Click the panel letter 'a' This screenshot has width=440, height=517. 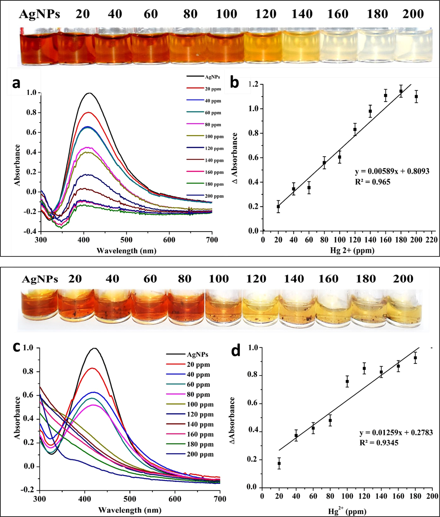tap(17, 83)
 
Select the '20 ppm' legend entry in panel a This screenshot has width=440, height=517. tap(213, 89)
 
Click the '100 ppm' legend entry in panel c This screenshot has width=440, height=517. tap(200, 404)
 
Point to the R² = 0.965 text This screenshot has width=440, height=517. tap(372, 182)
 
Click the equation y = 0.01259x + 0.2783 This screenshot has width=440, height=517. tap(396, 432)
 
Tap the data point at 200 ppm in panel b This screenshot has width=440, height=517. tap(416, 97)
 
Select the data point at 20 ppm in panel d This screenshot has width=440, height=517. tap(279, 463)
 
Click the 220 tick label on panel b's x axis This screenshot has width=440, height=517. tap(432, 240)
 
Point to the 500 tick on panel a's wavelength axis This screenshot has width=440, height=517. tap(126, 240)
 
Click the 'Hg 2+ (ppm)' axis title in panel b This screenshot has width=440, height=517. tap(352, 250)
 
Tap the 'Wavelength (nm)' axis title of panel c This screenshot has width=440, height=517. tap(130, 510)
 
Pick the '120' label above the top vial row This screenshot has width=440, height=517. tap(265, 14)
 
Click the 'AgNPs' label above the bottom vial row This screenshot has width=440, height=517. tap(40, 279)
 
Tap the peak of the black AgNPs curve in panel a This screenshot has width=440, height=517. tap(89, 93)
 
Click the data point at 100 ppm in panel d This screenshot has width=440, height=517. tap(347, 381)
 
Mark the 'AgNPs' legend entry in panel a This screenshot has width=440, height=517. tap(212, 77)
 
